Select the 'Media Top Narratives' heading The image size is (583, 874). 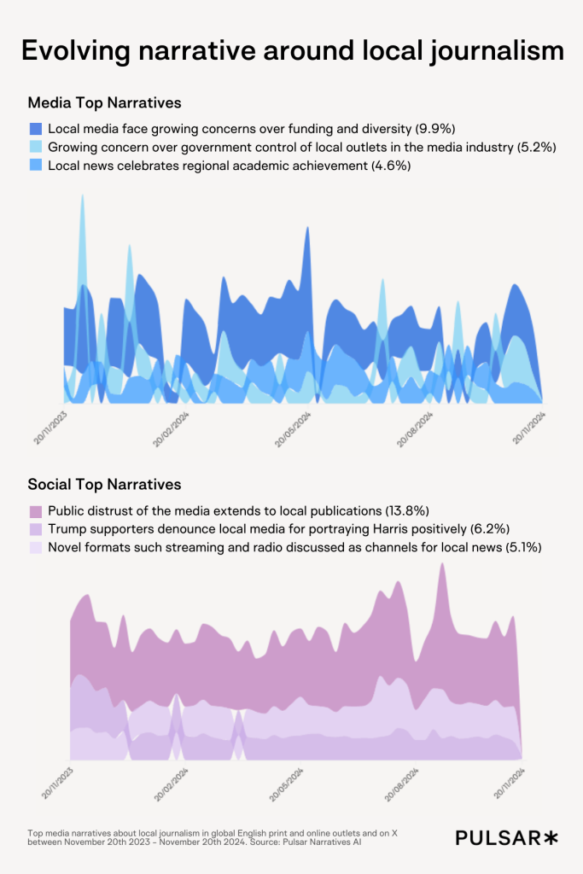[x=104, y=103]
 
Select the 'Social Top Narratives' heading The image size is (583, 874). [x=104, y=484]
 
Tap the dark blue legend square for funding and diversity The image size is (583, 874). [x=36, y=129]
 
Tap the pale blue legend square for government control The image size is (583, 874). [x=36, y=147]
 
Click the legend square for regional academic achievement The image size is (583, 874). [x=36, y=165]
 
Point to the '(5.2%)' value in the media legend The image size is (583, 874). [x=538, y=147]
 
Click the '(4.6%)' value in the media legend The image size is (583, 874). [x=391, y=166]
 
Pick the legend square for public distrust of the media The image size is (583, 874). [x=36, y=511]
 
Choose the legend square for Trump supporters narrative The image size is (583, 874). [x=36, y=529]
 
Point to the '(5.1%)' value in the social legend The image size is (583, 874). [x=522, y=547]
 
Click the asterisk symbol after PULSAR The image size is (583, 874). [x=551, y=837]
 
